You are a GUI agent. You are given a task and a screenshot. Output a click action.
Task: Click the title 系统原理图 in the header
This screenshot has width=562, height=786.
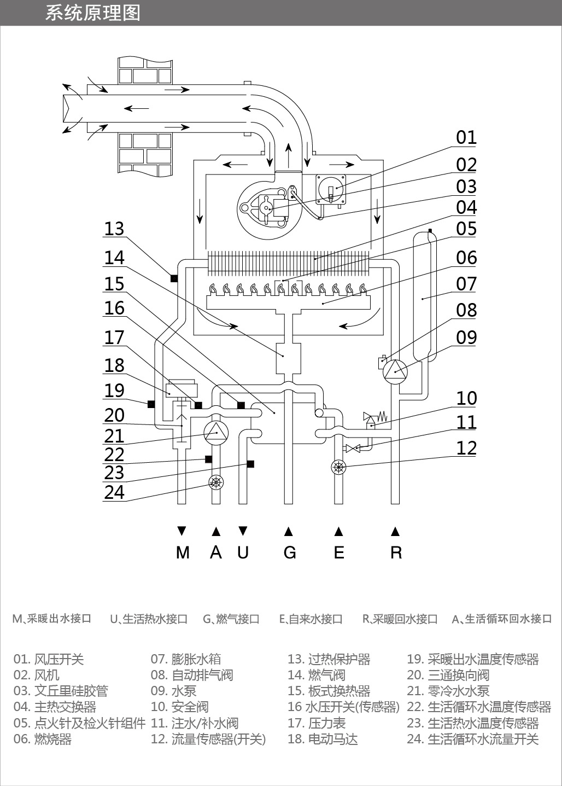92,13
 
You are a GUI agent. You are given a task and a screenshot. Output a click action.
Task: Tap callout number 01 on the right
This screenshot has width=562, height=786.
466,137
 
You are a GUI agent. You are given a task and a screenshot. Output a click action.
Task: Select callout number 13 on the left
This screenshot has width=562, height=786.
114,229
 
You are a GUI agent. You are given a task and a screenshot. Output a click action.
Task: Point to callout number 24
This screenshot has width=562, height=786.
114,492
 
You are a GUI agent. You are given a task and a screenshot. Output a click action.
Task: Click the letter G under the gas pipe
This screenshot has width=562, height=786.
289,552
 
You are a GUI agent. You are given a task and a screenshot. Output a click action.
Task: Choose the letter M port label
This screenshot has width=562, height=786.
183,552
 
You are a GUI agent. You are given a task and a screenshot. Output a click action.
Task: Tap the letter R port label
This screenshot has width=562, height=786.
396,552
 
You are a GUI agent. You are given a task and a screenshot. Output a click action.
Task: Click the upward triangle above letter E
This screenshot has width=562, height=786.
338,531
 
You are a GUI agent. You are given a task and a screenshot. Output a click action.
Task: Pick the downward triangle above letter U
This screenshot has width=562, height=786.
243,531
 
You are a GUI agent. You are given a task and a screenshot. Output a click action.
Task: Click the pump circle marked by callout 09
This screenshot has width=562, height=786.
395,372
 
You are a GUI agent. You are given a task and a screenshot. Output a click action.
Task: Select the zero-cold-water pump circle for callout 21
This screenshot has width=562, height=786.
216,433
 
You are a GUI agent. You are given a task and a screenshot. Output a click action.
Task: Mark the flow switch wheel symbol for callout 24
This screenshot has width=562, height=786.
216,482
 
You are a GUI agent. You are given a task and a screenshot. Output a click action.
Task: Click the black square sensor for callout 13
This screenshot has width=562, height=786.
174,278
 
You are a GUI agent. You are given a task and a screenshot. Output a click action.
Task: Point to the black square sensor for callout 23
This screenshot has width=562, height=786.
250,464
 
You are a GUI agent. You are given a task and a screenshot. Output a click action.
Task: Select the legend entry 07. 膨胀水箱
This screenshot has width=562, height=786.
185,659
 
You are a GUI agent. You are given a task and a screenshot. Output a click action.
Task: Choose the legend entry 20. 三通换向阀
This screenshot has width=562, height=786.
448,675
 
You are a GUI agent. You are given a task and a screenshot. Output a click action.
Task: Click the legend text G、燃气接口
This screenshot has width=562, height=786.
231,619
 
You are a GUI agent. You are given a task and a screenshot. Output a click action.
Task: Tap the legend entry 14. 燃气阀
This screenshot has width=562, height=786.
317,675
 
